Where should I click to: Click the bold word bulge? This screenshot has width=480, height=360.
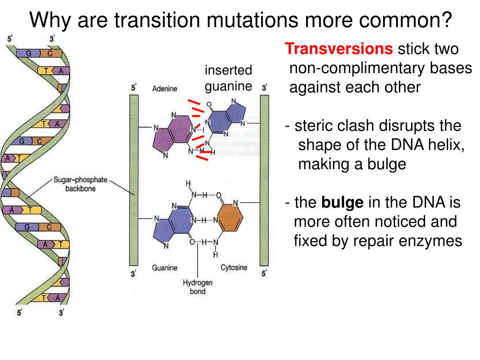(342, 203)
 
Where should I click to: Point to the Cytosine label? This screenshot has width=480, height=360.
(233, 268)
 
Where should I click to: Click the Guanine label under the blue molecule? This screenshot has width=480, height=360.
(165, 268)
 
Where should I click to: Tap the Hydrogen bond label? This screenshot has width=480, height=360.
(197, 287)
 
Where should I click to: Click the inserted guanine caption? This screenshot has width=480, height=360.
(228, 78)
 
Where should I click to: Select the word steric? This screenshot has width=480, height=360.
(312, 126)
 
